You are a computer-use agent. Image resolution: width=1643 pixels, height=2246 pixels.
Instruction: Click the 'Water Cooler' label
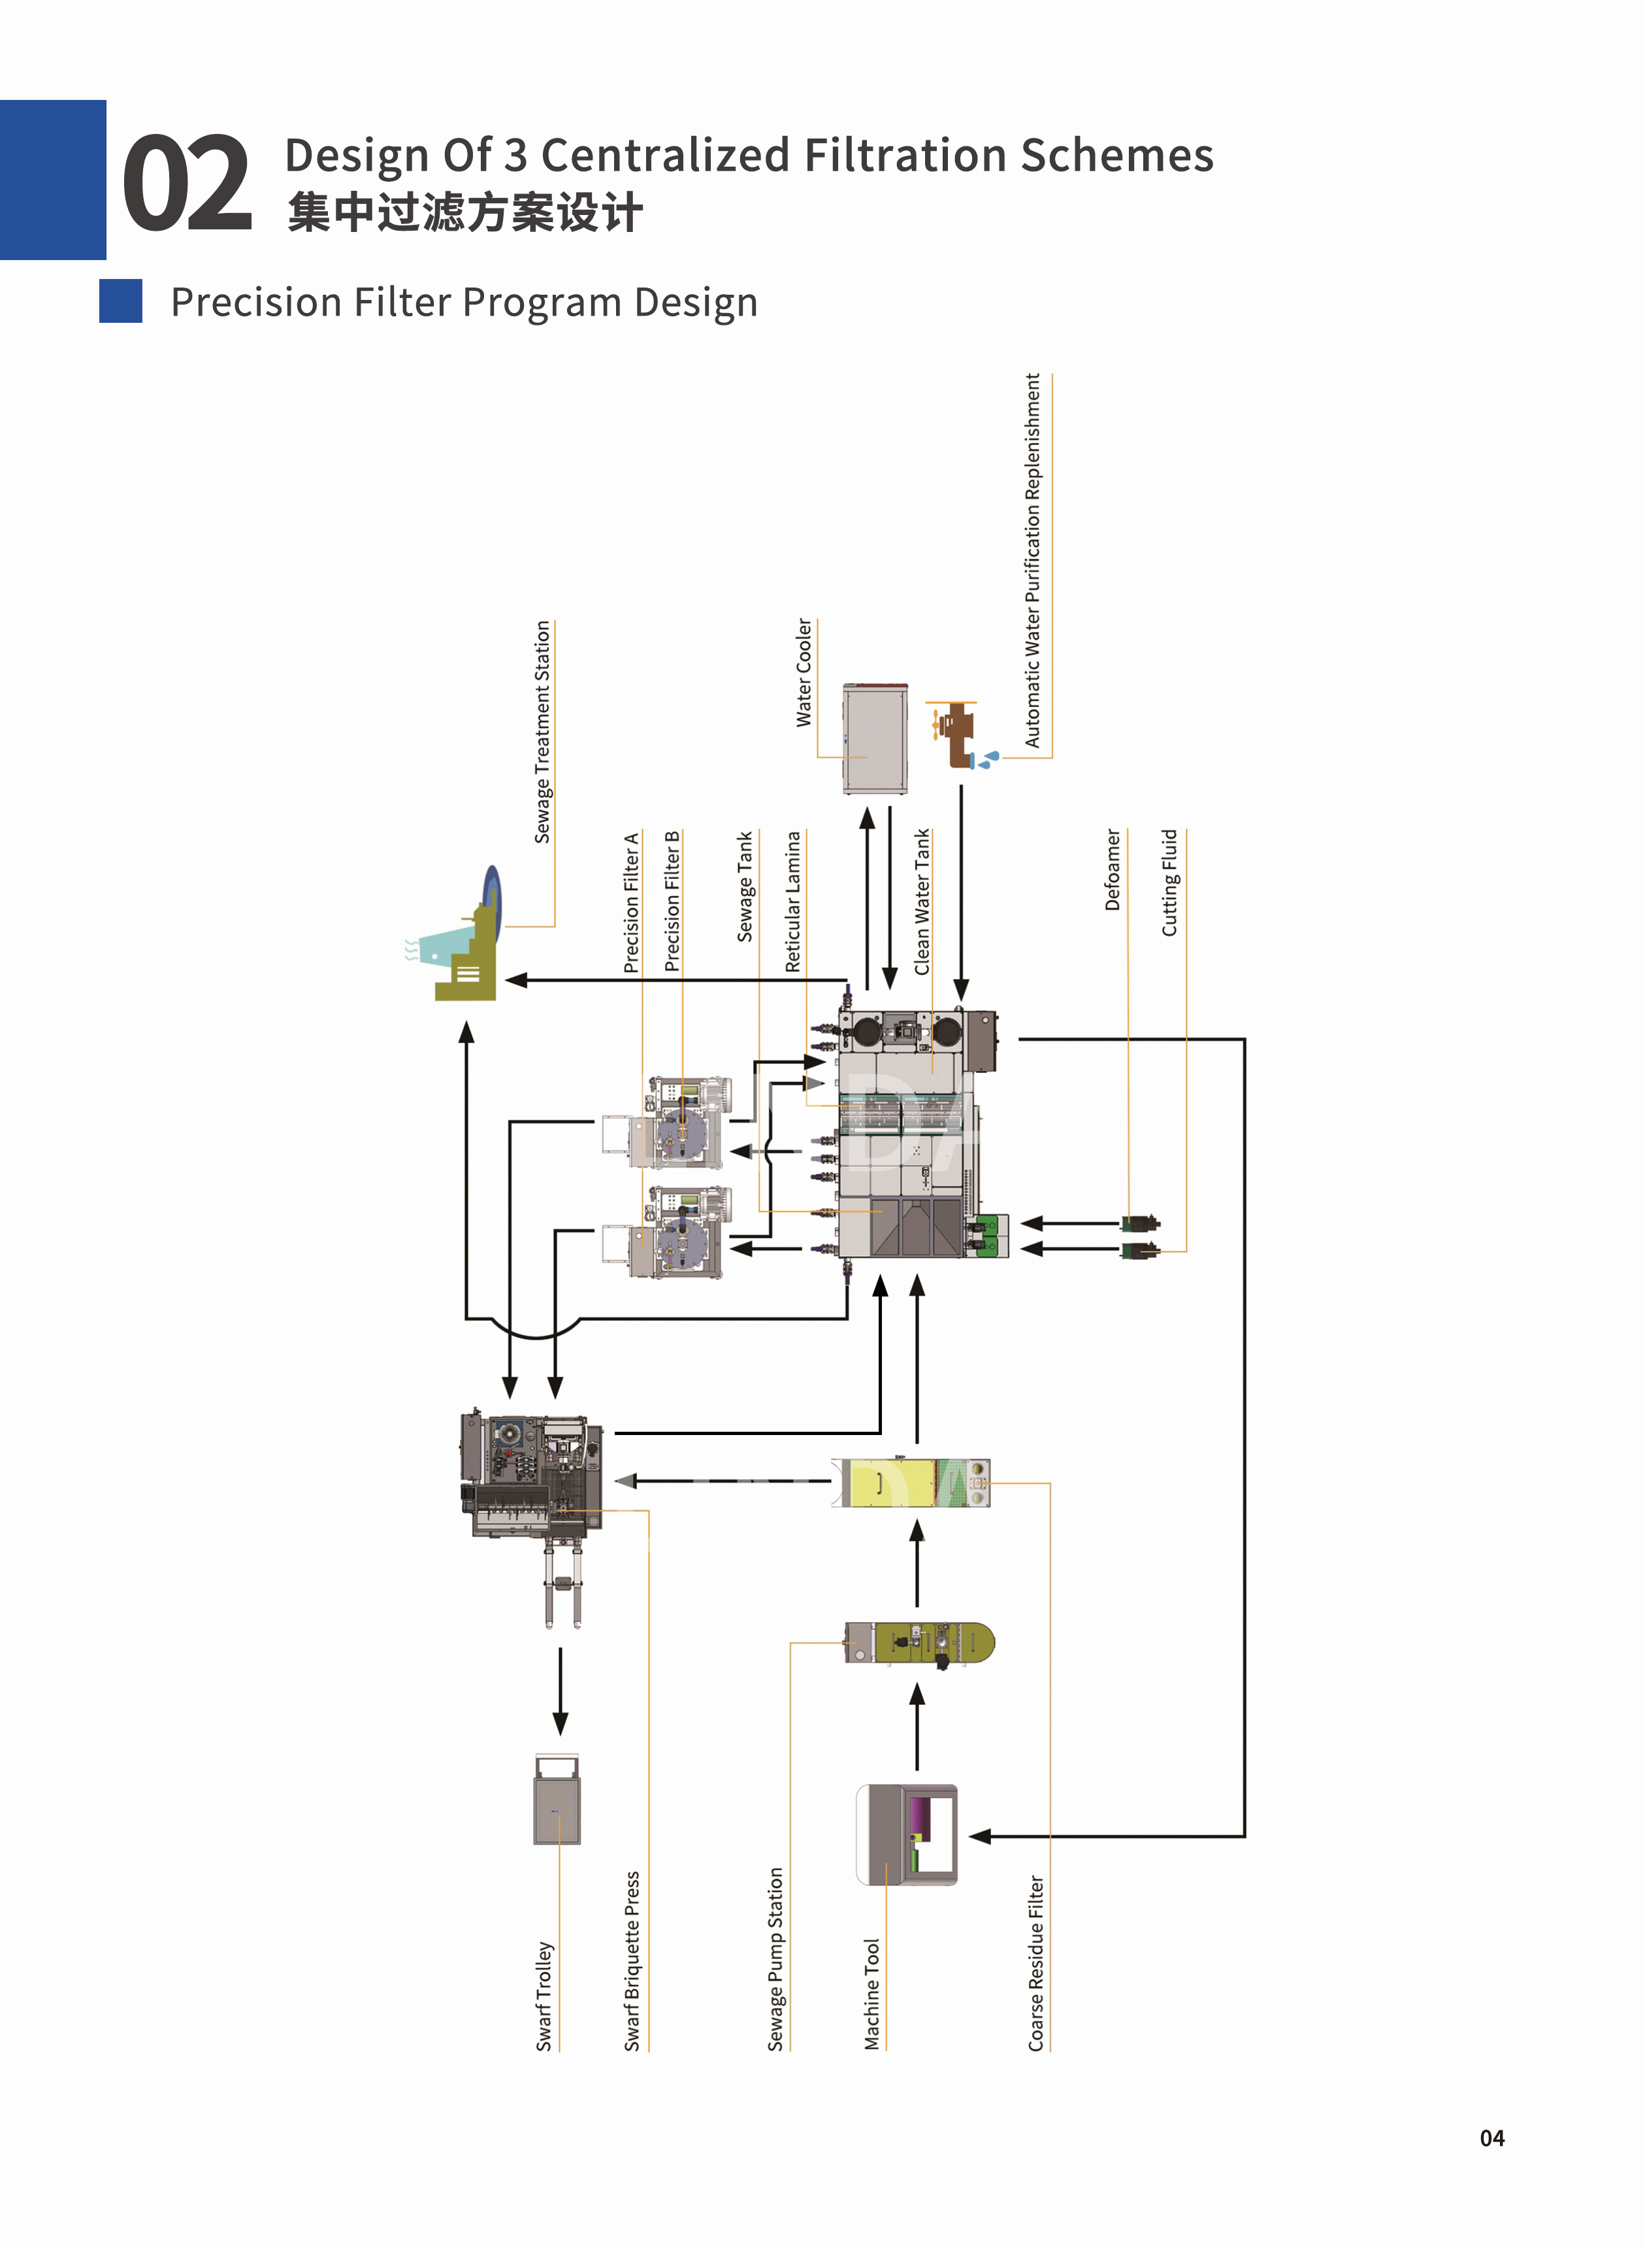pos(804,672)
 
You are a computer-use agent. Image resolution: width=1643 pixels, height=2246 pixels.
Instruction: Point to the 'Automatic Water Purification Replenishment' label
pos(1032,560)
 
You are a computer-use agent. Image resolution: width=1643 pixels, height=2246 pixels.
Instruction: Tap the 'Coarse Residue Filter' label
pos(1035,1964)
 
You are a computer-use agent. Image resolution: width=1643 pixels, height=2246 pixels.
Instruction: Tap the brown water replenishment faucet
pos(959,734)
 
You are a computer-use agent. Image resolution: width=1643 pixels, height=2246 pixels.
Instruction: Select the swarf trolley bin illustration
pos(557,1800)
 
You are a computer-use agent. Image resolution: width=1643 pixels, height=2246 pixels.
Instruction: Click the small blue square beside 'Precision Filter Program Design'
pos(120,301)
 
